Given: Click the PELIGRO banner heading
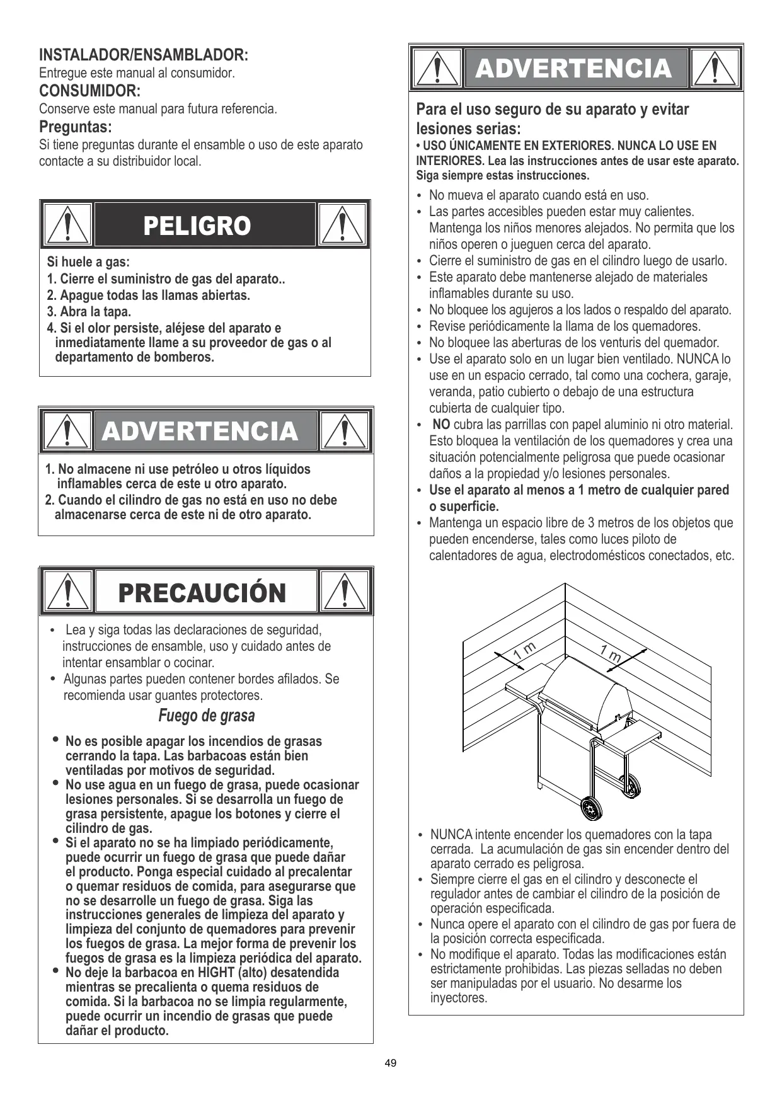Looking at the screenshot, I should pos(197,226).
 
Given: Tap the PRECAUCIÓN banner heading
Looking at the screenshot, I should pos(202,593).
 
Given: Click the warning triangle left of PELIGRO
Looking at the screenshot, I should pos(67,225).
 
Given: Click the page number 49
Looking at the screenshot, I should pos(391,1063).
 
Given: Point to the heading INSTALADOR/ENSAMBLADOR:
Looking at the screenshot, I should pos(144,55).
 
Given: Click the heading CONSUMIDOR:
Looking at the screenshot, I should pos(89,91).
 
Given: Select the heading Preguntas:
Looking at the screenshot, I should pos(76,127).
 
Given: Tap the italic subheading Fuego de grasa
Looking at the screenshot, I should pos(207,716).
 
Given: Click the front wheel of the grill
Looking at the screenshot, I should pos(590,808).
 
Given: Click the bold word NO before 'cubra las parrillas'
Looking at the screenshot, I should pos(441,425).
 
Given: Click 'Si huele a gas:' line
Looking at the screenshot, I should pos(88,262).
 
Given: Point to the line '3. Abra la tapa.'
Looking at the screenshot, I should pos(89,312).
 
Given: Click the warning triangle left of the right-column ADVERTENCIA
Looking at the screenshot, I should pos(437,69).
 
